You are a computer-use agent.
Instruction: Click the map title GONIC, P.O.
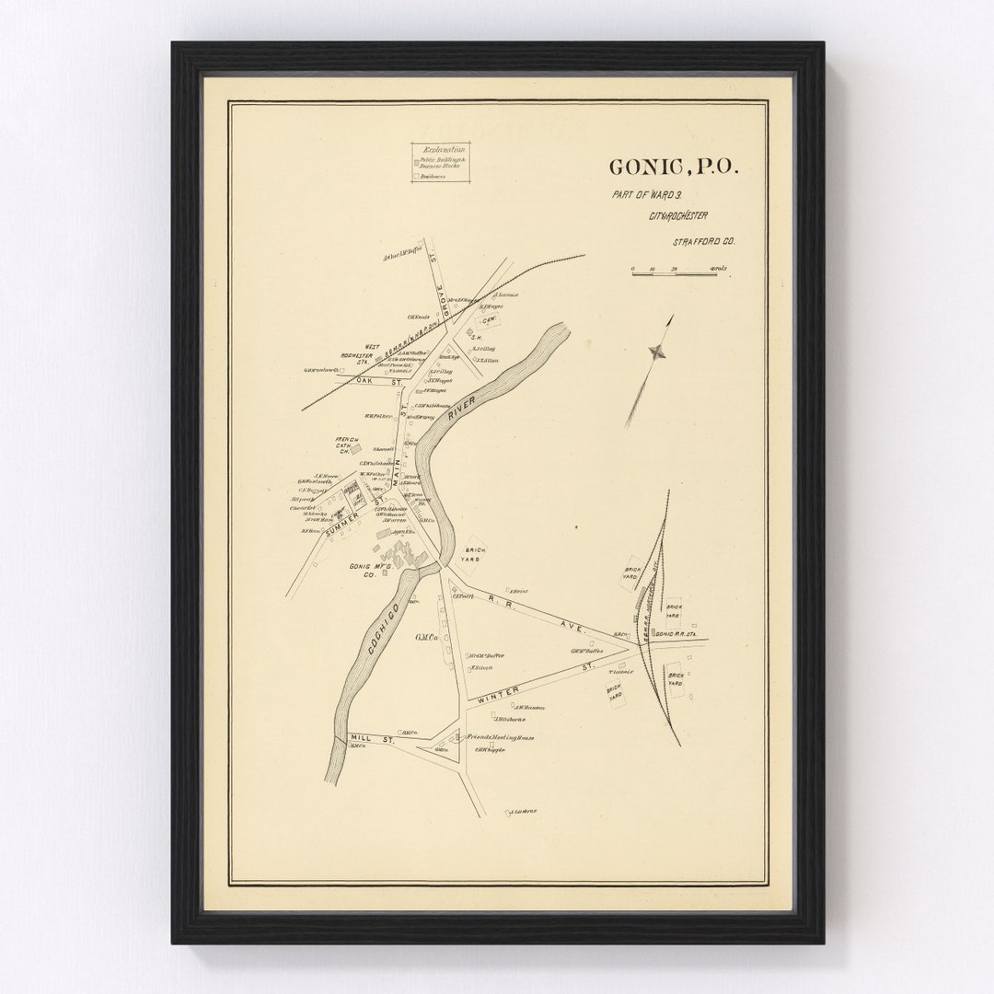tap(673, 168)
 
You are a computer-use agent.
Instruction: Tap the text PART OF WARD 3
tap(643, 195)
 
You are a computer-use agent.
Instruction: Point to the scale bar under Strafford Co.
tap(674, 272)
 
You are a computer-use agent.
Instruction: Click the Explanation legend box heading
tap(441, 149)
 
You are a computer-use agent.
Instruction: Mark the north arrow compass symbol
tap(656, 350)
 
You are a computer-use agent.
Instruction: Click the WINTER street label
tap(497, 692)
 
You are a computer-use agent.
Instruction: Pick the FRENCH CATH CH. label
tap(347, 446)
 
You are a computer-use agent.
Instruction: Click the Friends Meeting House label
tap(501, 738)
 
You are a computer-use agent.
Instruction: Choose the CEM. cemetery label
tap(491, 322)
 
